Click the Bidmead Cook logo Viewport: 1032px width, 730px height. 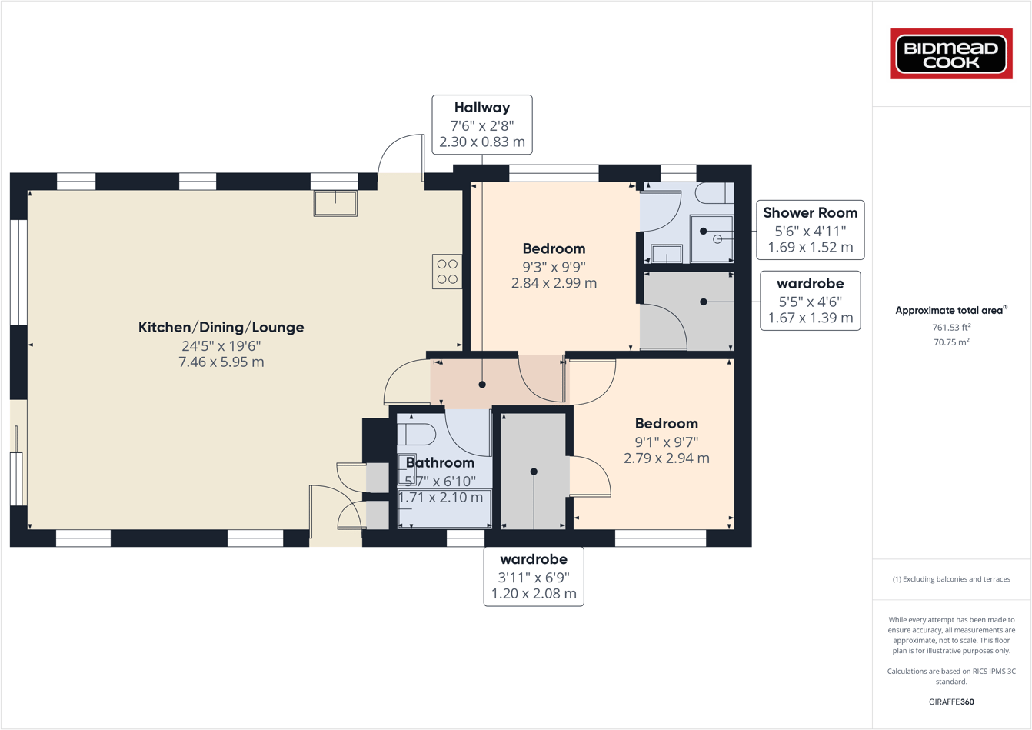pos(951,54)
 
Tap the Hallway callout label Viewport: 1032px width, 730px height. pos(481,125)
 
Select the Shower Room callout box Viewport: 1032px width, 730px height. pos(810,230)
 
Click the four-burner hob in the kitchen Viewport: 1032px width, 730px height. pos(447,272)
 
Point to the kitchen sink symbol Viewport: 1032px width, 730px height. pos(335,204)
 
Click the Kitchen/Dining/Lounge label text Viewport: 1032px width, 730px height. pos(221,327)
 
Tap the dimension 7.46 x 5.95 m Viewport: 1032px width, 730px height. pos(221,362)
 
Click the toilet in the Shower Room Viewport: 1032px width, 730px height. pos(715,193)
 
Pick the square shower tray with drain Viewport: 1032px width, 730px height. pos(711,238)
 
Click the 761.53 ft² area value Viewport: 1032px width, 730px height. pos(951,327)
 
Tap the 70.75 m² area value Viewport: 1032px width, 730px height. pos(951,342)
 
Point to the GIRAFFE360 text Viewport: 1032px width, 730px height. pos(951,702)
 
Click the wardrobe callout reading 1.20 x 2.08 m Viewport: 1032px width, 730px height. pos(534,577)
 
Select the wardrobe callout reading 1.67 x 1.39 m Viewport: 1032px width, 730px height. pos(810,301)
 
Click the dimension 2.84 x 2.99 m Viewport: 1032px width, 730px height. pos(554,283)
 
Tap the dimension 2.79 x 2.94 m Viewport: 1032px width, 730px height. pos(666,458)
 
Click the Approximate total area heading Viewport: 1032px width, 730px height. pos(950,310)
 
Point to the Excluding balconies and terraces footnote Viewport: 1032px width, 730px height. pos(951,579)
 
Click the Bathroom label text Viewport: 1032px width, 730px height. pos(440,463)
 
